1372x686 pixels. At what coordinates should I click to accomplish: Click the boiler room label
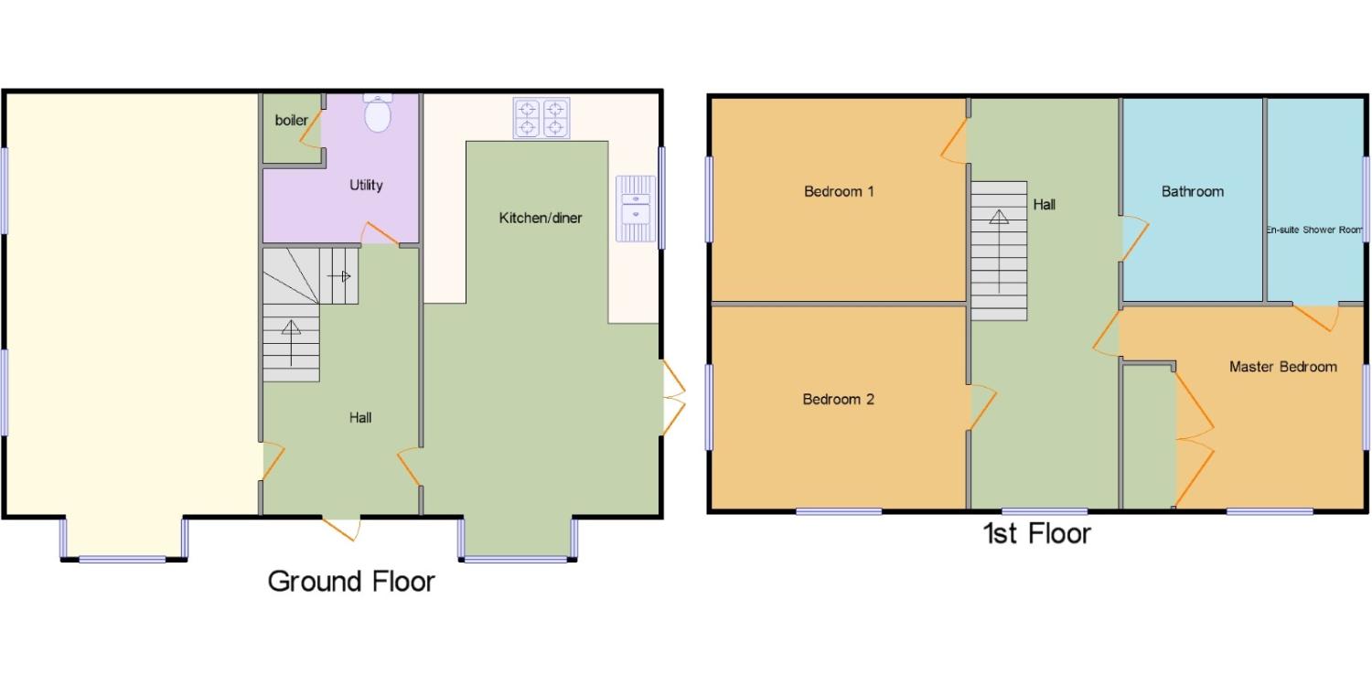[291, 120]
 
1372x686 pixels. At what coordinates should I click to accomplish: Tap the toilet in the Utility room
[377, 113]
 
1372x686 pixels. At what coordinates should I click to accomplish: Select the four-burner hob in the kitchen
[541, 118]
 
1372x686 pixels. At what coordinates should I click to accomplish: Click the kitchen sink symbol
[636, 209]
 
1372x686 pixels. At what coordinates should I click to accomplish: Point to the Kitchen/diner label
[541, 218]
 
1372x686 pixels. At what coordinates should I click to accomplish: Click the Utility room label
[366, 185]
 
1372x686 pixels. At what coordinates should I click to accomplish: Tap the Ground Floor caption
[351, 581]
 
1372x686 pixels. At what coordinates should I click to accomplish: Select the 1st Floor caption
[1037, 533]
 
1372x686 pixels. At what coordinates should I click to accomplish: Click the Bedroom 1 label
[839, 192]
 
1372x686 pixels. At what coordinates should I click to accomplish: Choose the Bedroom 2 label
[838, 400]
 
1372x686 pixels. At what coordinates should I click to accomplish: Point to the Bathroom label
[1193, 192]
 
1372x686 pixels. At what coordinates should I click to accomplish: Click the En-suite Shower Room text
[1314, 230]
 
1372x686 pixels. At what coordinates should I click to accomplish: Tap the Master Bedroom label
[1283, 367]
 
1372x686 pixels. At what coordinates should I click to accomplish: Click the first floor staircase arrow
[999, 252]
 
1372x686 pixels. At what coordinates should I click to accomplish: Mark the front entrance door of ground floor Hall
[340, 530]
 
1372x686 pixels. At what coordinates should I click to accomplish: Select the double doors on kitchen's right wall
[674, 397]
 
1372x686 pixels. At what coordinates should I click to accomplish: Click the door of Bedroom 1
[954, 141]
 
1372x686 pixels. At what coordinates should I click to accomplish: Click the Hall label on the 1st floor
[1045, 205]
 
